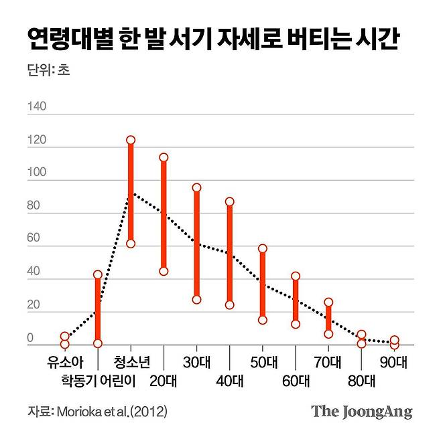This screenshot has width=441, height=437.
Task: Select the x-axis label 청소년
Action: click(x=131, y=362)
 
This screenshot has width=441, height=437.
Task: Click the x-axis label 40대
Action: click(x=229, y=381)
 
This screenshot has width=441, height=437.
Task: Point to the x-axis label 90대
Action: click(x=393, y=362)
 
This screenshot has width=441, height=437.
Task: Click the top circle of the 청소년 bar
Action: click(x=131, y=140)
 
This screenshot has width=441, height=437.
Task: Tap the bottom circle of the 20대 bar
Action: click(x=164, y=271)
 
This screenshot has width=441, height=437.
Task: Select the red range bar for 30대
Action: click(x=196, y=244)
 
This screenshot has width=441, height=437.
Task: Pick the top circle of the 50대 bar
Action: click(x=262, y=248)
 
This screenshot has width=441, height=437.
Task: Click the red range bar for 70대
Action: click(x=328, y=318)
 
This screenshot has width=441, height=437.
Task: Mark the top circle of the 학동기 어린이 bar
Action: click(x=98, y=274)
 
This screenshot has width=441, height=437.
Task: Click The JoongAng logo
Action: click(x=361, y=412)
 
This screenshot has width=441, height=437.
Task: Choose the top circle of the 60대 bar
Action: click(x=295, y=276)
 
